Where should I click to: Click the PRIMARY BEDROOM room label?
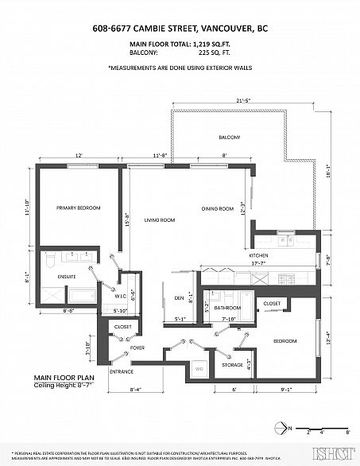pyautogui.click(x=78, y=208)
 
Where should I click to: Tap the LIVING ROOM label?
pyautogui.click(x=158, y=219)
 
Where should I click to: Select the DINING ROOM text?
pyautogui.click(x=216, y=209)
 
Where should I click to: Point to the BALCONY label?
pyautogui.click(x=230, y=138)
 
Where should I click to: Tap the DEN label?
pyautogui.click(x=179, y=298)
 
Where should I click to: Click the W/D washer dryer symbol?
pyautogui.click(x=199, y=369)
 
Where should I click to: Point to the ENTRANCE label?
pyautogui.click(x=120, y=371)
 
